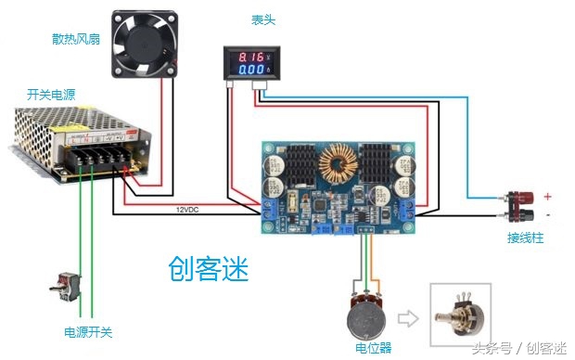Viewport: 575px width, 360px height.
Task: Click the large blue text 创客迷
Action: point(209,269)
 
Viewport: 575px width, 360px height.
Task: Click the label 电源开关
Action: point(87,331)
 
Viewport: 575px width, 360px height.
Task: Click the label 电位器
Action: point(374,348)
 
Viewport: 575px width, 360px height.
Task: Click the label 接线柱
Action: point(525,238)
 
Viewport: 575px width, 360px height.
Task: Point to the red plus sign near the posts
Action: point(548,197)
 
